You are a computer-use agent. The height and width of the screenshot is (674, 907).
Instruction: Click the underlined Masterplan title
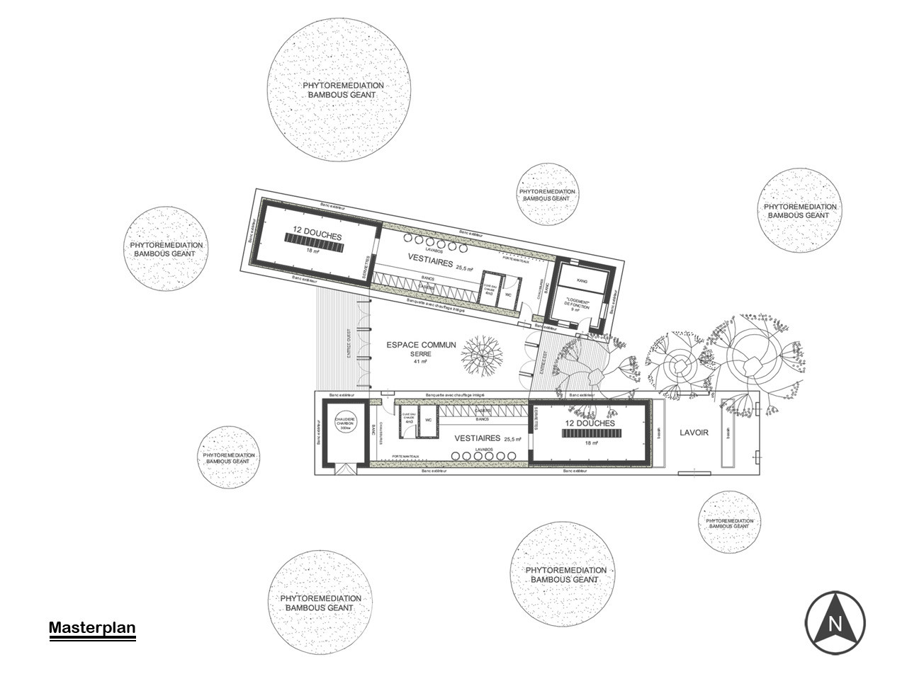click(92, 628)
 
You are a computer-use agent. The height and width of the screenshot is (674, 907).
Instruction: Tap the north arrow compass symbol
click(835, 622)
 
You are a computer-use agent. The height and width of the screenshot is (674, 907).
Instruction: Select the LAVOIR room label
click(694, 433)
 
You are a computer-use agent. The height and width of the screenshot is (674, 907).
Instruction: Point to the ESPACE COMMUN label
click(421, 345)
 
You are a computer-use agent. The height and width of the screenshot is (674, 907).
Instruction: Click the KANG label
click(582, 281)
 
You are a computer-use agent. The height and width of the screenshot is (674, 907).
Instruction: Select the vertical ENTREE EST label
click(544, 362)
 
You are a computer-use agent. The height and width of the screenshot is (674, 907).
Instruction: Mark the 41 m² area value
click(420, 362)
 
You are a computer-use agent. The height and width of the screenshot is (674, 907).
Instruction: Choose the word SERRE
click(420, 354)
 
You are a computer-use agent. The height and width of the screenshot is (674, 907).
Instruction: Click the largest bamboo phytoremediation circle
click(339, 90)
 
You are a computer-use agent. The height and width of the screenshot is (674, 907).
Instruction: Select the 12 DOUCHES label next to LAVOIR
click(590, 423)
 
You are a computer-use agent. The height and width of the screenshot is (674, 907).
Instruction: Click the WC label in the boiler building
click(427, 420)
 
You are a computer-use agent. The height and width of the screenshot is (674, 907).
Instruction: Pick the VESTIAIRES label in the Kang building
click(430, 261)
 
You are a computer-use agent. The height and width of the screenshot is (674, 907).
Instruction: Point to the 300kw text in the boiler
click(346, 429)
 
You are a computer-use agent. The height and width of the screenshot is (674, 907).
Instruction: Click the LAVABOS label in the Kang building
click(434, 250)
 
